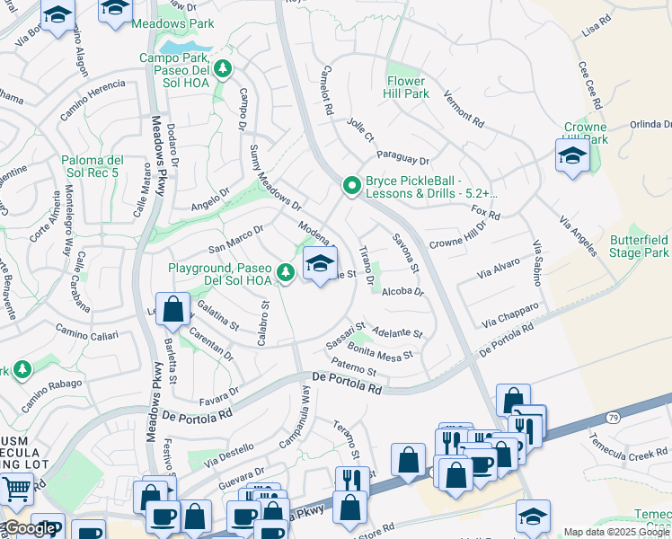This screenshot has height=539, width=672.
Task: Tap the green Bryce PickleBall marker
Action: (x=352, y=187)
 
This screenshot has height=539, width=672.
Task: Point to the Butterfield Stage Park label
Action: (x=638, y=247)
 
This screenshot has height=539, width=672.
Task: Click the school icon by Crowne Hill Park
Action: (x=571, y=156)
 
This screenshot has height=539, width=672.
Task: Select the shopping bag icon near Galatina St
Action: (x=173, y=310)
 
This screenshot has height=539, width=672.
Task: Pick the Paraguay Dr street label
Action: (x=402, y=157)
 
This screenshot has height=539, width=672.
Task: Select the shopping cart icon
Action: (x=16, y=490)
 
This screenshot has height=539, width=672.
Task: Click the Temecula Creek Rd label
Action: (x=623, y=445)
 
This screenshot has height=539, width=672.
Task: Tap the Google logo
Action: (x=31, y=528)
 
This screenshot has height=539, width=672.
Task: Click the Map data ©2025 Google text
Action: (x=616, y=532)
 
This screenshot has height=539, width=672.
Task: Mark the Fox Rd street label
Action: (x=485, y=213)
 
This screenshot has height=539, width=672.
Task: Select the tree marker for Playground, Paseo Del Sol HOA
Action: (x=286, y=271)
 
